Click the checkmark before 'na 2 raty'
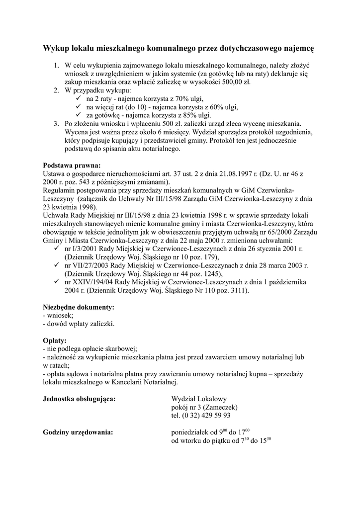coord(78,98)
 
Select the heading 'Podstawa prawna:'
coord(72,166)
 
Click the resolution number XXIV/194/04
coord(93,282)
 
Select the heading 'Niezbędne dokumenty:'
coord(79,307)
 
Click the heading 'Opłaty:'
coord(55,341)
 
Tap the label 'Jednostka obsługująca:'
coord(80,399)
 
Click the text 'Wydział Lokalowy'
coord(199,399)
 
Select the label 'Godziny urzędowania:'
coord(78,432)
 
